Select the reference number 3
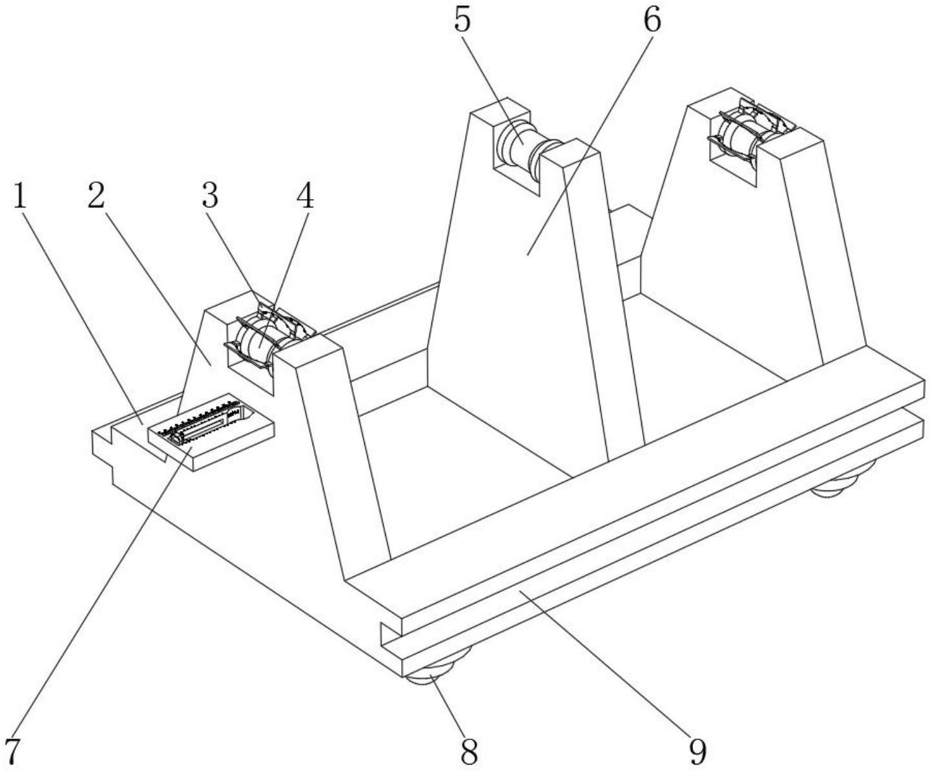[210, 196]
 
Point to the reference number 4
[305, 196]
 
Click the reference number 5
[462, 20]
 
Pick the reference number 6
[652, 20]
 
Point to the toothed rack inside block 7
[201, 420]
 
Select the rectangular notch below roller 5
[516, 174]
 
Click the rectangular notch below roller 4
[250, 375]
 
